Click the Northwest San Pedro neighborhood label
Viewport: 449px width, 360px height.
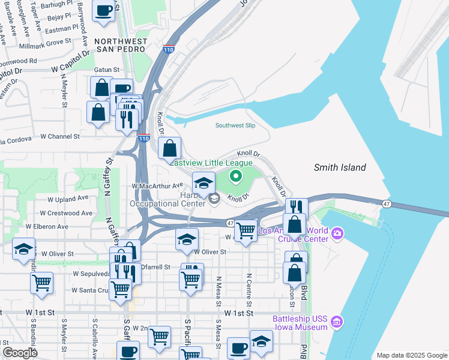coord(119,46)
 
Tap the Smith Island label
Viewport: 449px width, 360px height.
coord(340,167)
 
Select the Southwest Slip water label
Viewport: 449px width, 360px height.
coord(235,125)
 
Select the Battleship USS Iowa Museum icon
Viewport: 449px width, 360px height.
coord(337,323)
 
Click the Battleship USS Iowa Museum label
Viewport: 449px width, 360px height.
coord(300,323)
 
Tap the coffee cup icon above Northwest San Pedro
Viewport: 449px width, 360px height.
coord(104,10)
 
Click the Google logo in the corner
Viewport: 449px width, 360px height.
coord(20,352)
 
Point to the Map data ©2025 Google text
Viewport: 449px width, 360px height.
coord(411,355)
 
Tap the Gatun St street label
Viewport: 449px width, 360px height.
coord(106,70)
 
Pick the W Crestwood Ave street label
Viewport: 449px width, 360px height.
coord(66,213)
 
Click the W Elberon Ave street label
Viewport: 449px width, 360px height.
coord(47,227)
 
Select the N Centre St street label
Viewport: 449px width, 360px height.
coord(249,287)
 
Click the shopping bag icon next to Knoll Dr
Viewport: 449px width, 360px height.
coord(170,147)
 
